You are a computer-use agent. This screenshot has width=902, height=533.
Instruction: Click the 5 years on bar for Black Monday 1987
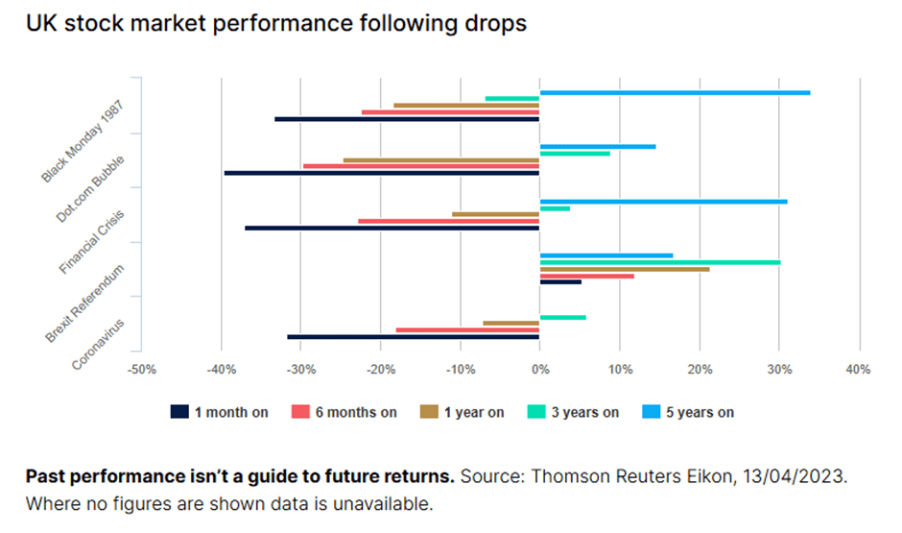point(675,92)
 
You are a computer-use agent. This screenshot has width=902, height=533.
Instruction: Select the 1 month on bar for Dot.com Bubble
point(382,173)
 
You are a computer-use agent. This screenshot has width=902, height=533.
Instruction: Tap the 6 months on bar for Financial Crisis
point(448,221)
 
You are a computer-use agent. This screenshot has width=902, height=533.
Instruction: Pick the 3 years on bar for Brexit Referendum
point(660,261)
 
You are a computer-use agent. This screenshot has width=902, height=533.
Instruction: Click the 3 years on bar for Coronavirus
point(562,317)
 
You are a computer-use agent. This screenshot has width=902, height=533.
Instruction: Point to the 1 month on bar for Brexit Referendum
point(560,281)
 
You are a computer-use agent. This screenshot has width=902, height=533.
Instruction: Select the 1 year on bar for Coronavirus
point(510,324)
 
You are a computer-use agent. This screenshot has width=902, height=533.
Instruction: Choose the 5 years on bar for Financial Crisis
point(663,202)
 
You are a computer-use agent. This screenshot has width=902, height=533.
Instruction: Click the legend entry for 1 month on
point(220,412)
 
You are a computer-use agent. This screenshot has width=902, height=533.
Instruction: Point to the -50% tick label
point(142,370)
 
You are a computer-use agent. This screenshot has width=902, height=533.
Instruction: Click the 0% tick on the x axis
point(539,370)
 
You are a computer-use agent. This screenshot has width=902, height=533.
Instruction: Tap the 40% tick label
point(858,370)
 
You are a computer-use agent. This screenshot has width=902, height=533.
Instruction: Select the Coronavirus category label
point(105,343)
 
